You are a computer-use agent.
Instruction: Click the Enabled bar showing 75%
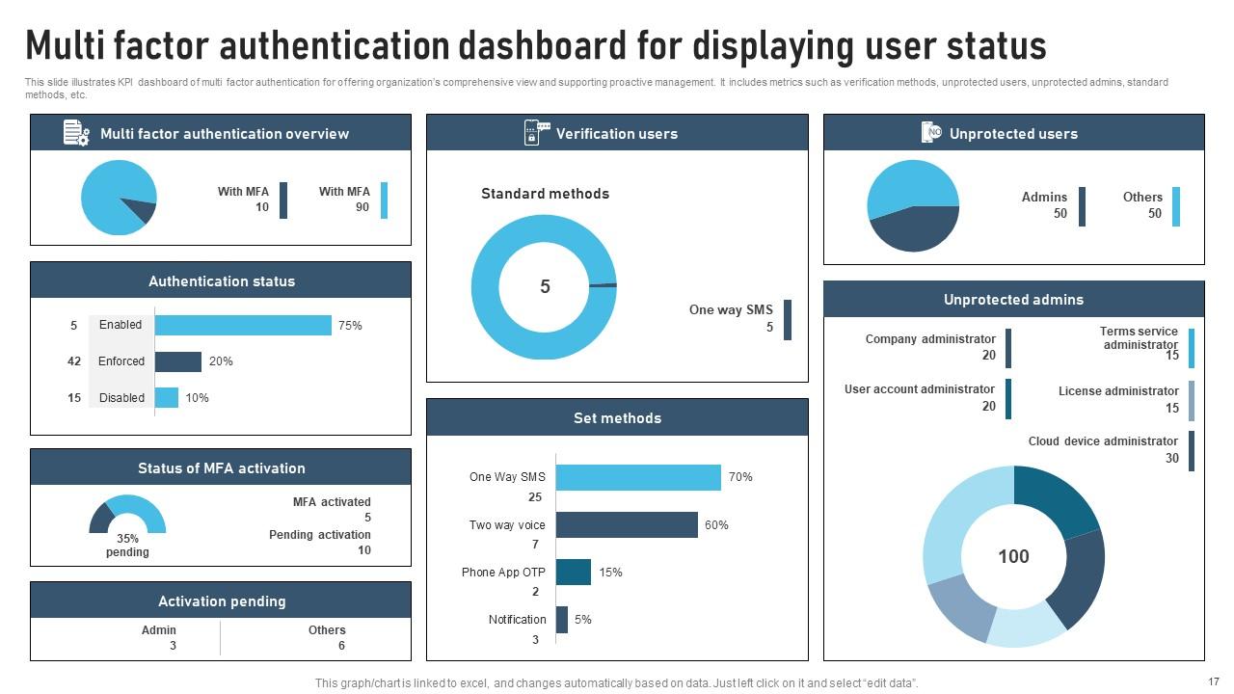point(243,326)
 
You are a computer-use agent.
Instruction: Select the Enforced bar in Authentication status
point(178,361)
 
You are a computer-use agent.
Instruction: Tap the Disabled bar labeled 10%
point(167,397)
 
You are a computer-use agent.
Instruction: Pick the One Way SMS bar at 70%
point(638,477)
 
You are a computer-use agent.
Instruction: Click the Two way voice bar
point(627,524)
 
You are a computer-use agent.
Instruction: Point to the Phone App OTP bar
point(574,572)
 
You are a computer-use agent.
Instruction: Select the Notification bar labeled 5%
point(562,619)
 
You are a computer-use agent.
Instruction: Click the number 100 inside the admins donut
point(1013,556)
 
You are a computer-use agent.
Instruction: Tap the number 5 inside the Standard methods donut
point(545,286)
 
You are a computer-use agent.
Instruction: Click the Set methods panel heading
point(617,418)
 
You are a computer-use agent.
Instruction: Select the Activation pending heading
point(222,601)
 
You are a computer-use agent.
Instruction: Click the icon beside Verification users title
point(535,133)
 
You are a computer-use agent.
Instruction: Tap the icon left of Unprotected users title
point(931,133)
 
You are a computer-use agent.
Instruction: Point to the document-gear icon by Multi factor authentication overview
point(76,133)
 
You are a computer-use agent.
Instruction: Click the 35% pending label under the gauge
point(127,546)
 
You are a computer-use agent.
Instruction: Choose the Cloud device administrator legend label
point(1103,441)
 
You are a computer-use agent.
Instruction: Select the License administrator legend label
point(1118,391)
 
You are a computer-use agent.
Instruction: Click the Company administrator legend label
point(930,339)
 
